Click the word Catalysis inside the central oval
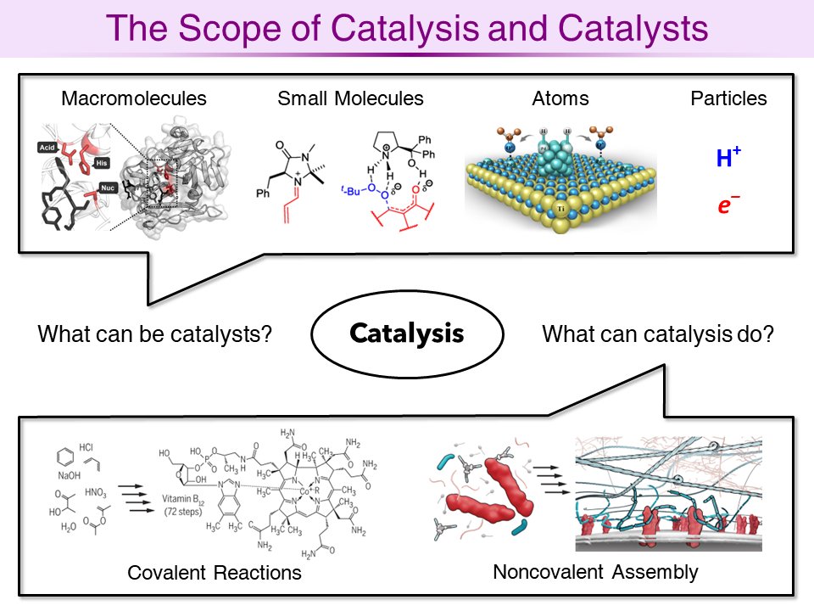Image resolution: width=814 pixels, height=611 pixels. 407,334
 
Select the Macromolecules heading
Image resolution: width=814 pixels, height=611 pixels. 134,98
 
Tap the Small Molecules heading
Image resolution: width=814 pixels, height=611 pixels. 350,98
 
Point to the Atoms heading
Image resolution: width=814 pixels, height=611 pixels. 560,98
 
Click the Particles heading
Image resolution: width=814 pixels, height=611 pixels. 728,98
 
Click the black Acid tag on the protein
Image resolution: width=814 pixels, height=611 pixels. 47,149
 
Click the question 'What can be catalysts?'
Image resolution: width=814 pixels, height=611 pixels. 154,334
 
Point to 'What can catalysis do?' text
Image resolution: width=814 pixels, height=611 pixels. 657,334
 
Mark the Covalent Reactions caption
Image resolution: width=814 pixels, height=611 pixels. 215,573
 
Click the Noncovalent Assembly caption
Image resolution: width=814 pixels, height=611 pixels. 595,572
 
